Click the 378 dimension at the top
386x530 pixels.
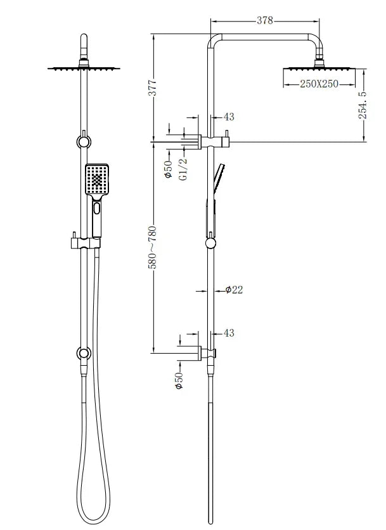[x=265, y=20]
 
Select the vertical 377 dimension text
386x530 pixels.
[x=152, y=89]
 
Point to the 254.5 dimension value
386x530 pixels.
[x=363, y=105]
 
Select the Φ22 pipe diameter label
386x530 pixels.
[x=233, y=290]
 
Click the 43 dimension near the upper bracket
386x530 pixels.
[x=229, y=117]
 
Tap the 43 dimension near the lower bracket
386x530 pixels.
[x=229, y=333]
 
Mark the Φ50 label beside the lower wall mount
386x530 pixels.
[x=179, y=380]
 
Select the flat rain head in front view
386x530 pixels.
[x=82, y=67]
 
